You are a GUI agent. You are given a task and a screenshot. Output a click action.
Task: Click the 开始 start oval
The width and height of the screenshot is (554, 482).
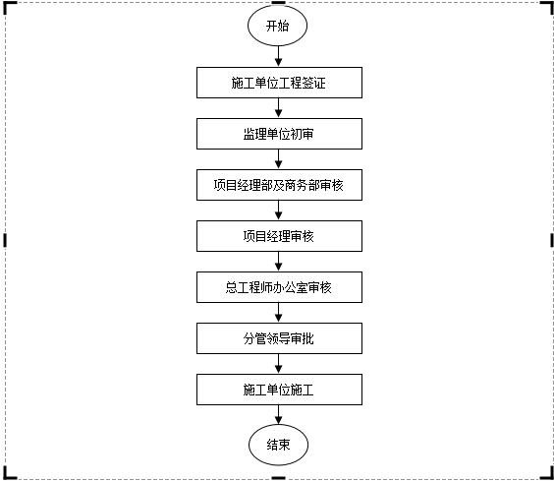278,27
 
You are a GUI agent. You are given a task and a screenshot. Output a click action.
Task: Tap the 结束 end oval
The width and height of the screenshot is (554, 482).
278,445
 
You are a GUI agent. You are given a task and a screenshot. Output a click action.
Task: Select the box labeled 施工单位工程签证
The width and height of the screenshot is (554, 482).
278,83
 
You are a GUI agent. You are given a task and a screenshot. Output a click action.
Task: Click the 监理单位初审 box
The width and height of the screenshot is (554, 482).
278,134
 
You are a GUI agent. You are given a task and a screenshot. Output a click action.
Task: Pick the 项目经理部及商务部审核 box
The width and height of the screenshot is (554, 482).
278,185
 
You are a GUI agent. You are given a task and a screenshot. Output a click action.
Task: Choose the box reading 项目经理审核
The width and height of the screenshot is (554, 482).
278,236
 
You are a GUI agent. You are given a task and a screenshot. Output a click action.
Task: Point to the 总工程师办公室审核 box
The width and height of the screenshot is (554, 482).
278,287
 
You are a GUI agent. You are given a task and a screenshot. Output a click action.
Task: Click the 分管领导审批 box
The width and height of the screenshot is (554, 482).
278,338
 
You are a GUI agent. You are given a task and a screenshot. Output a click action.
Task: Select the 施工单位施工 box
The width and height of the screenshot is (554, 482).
278,390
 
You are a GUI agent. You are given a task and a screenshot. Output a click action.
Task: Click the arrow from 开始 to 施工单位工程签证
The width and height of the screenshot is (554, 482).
279,57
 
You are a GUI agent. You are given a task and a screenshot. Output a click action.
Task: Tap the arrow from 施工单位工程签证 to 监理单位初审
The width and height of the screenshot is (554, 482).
279,108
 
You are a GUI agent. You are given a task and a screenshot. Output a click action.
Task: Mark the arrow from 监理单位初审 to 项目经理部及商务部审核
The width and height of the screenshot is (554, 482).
279,159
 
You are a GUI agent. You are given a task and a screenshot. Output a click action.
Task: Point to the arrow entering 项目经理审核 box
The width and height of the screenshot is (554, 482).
279,211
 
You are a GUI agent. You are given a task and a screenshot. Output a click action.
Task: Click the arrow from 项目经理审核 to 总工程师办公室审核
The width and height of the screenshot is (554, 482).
279,262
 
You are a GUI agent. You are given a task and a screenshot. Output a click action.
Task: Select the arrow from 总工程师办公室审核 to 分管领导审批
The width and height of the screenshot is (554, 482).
279,313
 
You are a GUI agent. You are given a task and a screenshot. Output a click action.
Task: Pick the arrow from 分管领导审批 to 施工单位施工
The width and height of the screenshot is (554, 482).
279,364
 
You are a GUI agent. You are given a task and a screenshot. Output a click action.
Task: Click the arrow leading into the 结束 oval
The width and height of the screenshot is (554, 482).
279,414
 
